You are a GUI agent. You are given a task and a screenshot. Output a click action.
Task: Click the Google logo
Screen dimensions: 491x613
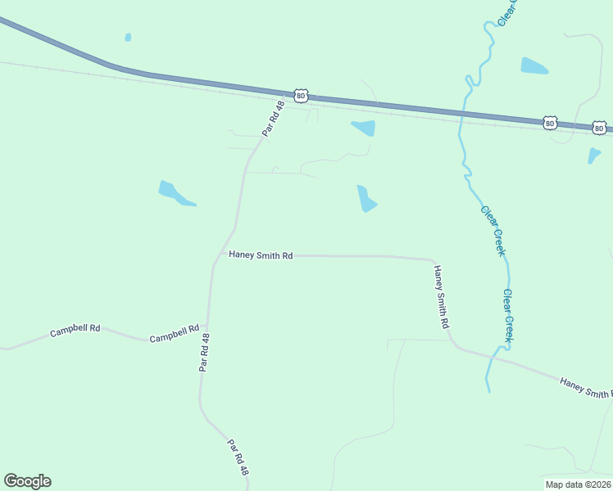point(27,481)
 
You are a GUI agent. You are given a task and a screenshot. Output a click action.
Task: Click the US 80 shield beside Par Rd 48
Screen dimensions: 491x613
point(301,96)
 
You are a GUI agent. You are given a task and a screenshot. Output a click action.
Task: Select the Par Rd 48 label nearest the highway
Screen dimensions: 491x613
point(273,119)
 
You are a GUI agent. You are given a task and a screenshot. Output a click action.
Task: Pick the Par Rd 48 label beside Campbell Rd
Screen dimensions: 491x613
point(205,353)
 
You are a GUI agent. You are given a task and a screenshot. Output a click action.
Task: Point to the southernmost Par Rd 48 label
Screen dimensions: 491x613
point(238,458)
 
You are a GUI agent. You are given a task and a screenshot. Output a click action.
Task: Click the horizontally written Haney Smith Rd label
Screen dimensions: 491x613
point(261,255)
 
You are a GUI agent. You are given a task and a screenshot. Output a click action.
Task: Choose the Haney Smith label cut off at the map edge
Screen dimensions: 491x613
point(585,388)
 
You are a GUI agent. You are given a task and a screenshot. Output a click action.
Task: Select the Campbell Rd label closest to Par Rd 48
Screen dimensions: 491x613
point(174,333)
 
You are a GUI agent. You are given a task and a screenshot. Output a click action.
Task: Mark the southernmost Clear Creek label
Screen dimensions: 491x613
point(510,315)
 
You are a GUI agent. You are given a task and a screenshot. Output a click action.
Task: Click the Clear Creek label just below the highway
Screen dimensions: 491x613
point(493,230)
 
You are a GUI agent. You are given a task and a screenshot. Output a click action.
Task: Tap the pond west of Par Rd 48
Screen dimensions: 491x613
point(174,194)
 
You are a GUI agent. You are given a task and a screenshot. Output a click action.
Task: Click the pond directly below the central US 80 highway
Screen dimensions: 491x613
point(364,128)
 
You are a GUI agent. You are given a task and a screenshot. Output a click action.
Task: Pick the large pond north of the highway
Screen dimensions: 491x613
point(534,66)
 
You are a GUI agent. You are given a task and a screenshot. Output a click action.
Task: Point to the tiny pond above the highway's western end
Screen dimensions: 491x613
point(128,37)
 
